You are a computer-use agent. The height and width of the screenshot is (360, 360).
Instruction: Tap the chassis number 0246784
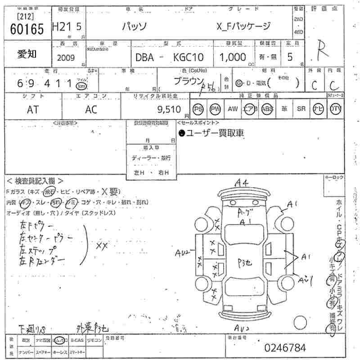[285, 348]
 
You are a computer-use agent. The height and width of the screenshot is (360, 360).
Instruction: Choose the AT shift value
[33, 109]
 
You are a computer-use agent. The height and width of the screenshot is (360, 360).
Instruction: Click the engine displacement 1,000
[232, 57]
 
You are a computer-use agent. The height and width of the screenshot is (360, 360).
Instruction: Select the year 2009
[67, 58]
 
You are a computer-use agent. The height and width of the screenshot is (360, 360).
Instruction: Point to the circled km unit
[81, 85]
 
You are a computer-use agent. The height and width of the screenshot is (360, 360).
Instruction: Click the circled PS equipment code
[198, 108]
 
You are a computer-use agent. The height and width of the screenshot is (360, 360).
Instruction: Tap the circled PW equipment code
[216, 108]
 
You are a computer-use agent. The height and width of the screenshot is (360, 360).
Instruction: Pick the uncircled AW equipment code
[233, 108]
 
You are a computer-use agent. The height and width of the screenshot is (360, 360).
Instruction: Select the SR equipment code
[301, 108]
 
